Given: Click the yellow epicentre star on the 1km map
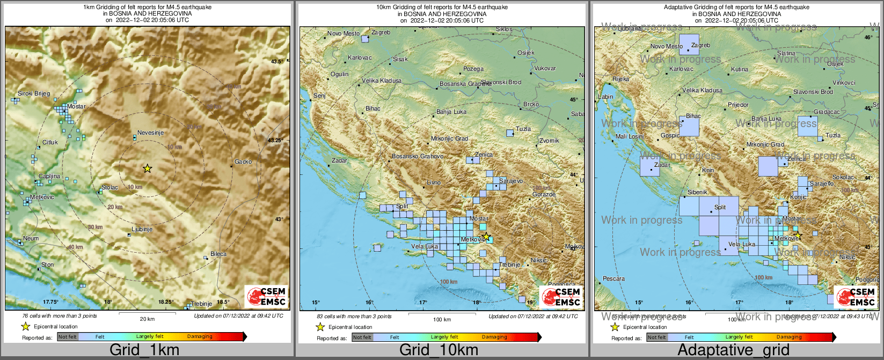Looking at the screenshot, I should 147,168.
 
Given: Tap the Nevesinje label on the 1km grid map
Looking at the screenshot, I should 150,133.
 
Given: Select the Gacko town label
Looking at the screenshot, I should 243,161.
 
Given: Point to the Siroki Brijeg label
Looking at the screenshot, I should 34,93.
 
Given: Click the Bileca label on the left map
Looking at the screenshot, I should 218,254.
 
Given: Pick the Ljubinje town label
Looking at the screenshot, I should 142,229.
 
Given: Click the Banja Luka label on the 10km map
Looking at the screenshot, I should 451,112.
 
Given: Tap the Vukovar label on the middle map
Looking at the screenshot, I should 545,68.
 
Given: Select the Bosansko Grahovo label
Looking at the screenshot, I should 418,156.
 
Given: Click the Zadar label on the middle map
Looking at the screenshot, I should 339,160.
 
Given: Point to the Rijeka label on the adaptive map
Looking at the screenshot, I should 620,79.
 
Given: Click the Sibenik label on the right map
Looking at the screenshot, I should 697,192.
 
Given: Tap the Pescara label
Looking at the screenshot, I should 613,278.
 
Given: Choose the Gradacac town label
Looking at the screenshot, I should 827,112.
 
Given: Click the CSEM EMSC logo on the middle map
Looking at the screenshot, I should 561,297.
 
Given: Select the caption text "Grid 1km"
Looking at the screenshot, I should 144,350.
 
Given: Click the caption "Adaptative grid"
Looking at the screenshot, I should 733,350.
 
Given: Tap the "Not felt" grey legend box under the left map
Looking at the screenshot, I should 68,337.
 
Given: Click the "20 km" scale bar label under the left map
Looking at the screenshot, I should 147,319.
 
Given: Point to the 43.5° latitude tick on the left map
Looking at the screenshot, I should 276,62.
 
